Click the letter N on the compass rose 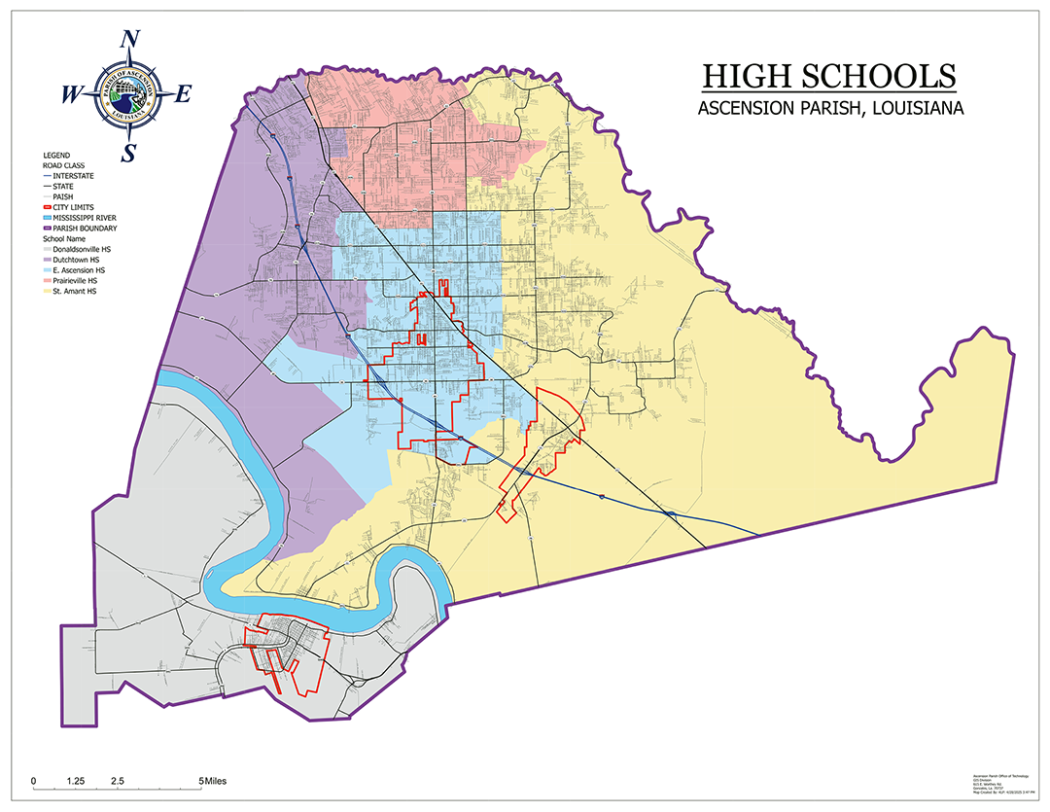[x=128, y=40]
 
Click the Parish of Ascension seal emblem [x=128, y=95]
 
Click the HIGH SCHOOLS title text [x=828, y=76]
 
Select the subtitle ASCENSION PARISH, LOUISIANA [x=830, y=108]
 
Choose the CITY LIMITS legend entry [x=75, y=207]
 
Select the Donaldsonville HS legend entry [x=81, y=250]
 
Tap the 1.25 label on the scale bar [x=76, y=781]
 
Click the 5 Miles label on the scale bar [x=213, y=781]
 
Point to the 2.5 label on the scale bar [x=117, y=781]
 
